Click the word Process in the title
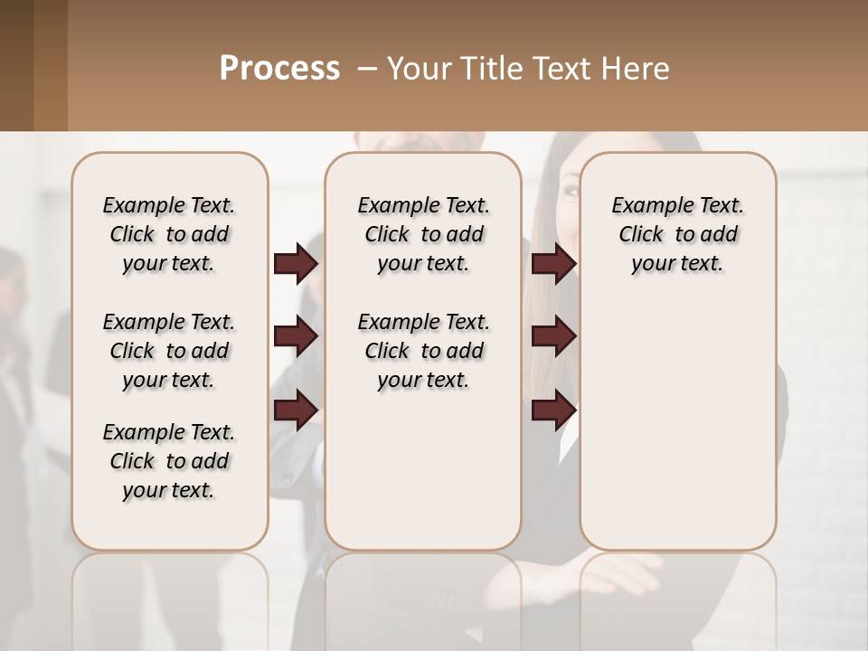coord(279,69)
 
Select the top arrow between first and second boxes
coord(297,263)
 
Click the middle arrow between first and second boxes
coord(297,336)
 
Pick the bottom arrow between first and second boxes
coord(297,410)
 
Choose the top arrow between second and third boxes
coord(553,263)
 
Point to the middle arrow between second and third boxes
coord(553,336)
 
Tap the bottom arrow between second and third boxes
coord(553,410)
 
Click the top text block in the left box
coord(169,234)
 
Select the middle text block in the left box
coord(169,351)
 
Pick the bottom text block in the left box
coord(169,461)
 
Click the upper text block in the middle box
coord(423,234)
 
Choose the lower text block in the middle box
coord(423,351)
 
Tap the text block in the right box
coord(678,234)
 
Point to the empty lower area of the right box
coord(678,425)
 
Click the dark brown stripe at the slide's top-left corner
coord(16,65)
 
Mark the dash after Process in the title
coord(366,69)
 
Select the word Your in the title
coord(418,69)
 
